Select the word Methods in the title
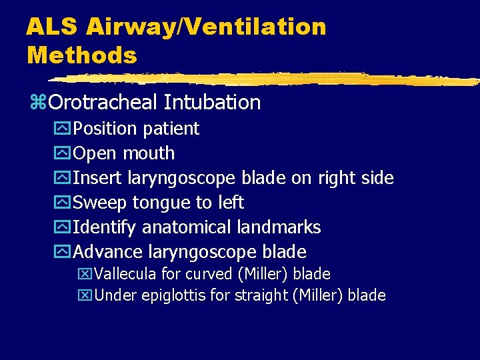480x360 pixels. point(81,55)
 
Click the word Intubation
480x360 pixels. point(212,103)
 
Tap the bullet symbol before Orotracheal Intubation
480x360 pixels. point(37,103)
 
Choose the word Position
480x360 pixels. point(102,128)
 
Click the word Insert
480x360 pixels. point(93,178)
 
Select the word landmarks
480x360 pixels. point(279,227)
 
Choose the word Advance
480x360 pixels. point(107,252)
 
